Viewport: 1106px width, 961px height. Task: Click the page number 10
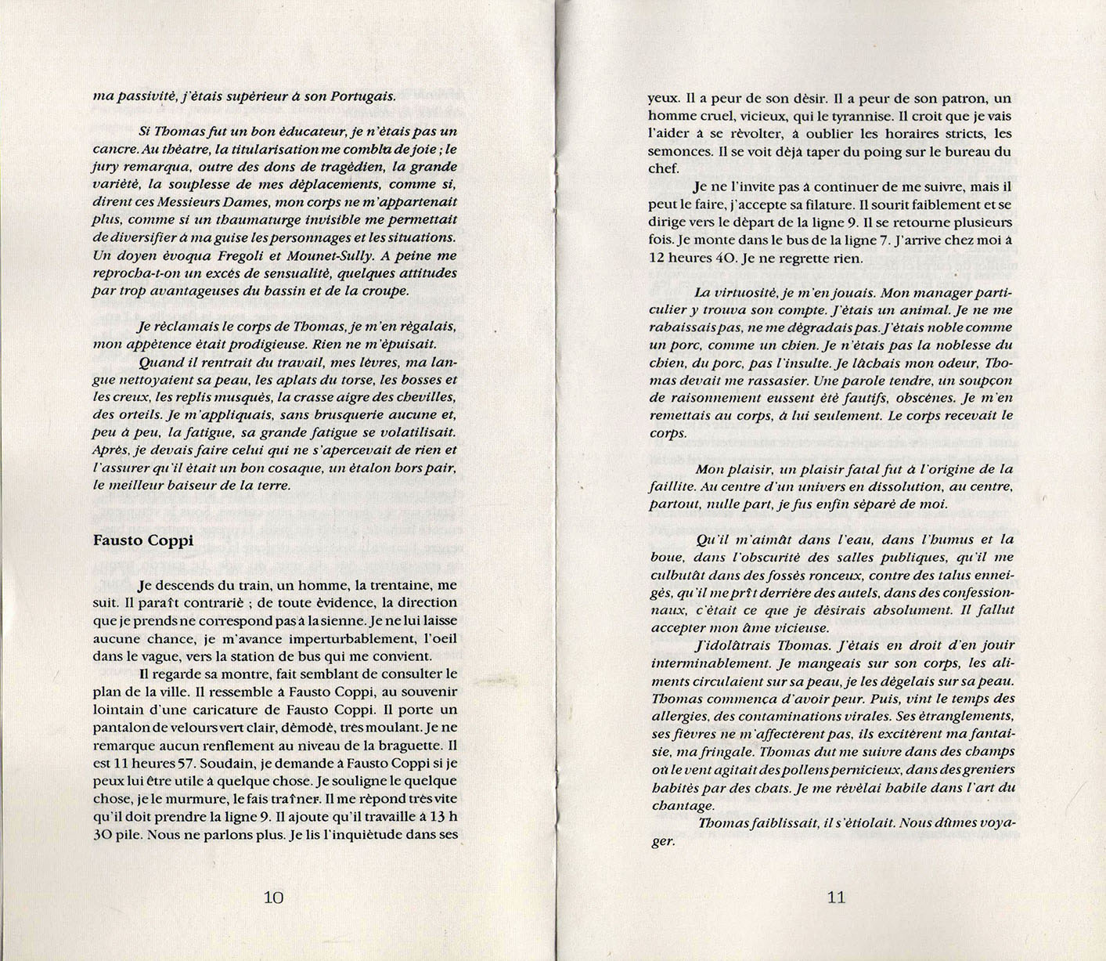[x=273, y=898]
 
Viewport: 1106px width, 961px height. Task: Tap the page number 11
[x=837, y=898]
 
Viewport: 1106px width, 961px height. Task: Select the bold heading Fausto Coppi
[x=143, y=540]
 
